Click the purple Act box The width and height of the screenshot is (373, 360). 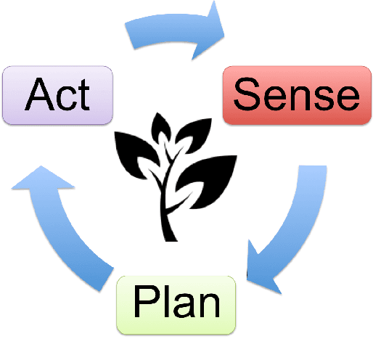58,96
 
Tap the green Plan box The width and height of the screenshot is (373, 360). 177,304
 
